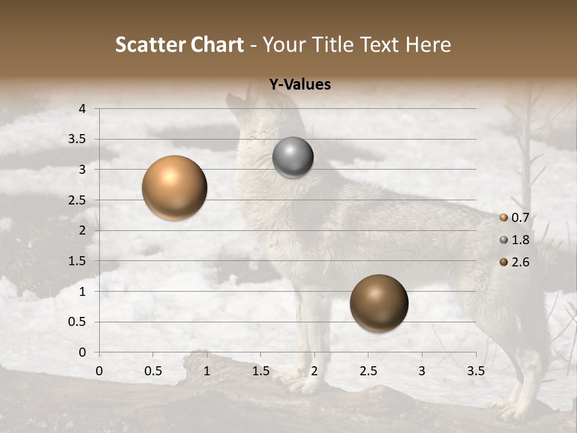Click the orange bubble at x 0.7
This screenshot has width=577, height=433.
175,188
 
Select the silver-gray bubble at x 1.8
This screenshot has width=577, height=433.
293,158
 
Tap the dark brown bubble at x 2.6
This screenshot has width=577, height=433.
379,303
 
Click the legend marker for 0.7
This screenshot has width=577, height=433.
504,218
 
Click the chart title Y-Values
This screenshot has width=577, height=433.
300,85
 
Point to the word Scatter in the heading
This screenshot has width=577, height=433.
150,45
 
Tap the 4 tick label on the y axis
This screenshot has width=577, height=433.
83,109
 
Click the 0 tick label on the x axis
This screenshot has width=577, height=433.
99,370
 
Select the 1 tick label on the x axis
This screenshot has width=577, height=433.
207,370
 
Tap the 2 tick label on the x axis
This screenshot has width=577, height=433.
314,370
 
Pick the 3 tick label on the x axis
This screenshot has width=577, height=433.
422,370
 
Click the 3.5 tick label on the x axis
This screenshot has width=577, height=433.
475,370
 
